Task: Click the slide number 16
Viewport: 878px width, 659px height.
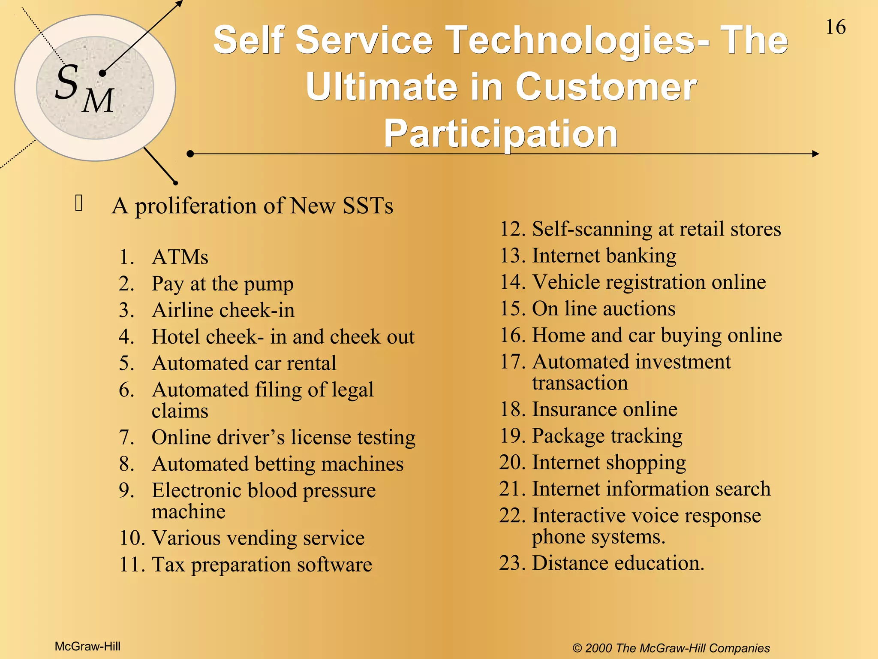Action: click(836, 27)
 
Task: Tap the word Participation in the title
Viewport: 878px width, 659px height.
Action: click(500, 133)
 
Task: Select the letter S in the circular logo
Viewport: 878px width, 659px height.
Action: click(67, 82)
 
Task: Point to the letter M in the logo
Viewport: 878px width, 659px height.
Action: click(98, 101)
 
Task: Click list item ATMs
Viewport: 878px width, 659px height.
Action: click(180, 257)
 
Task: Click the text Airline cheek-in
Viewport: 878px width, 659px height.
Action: click(223, 310)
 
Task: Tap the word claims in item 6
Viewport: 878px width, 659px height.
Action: click(180, 411)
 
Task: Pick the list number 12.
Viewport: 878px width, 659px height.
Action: click(512, 229)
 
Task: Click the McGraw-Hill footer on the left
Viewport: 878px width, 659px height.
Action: click(87, 647)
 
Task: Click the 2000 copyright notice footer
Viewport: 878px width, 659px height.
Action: click(671, 648)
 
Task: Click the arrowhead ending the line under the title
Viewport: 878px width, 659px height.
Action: click(815, 154)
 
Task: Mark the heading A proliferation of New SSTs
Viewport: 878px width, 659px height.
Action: click(253, 206)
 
